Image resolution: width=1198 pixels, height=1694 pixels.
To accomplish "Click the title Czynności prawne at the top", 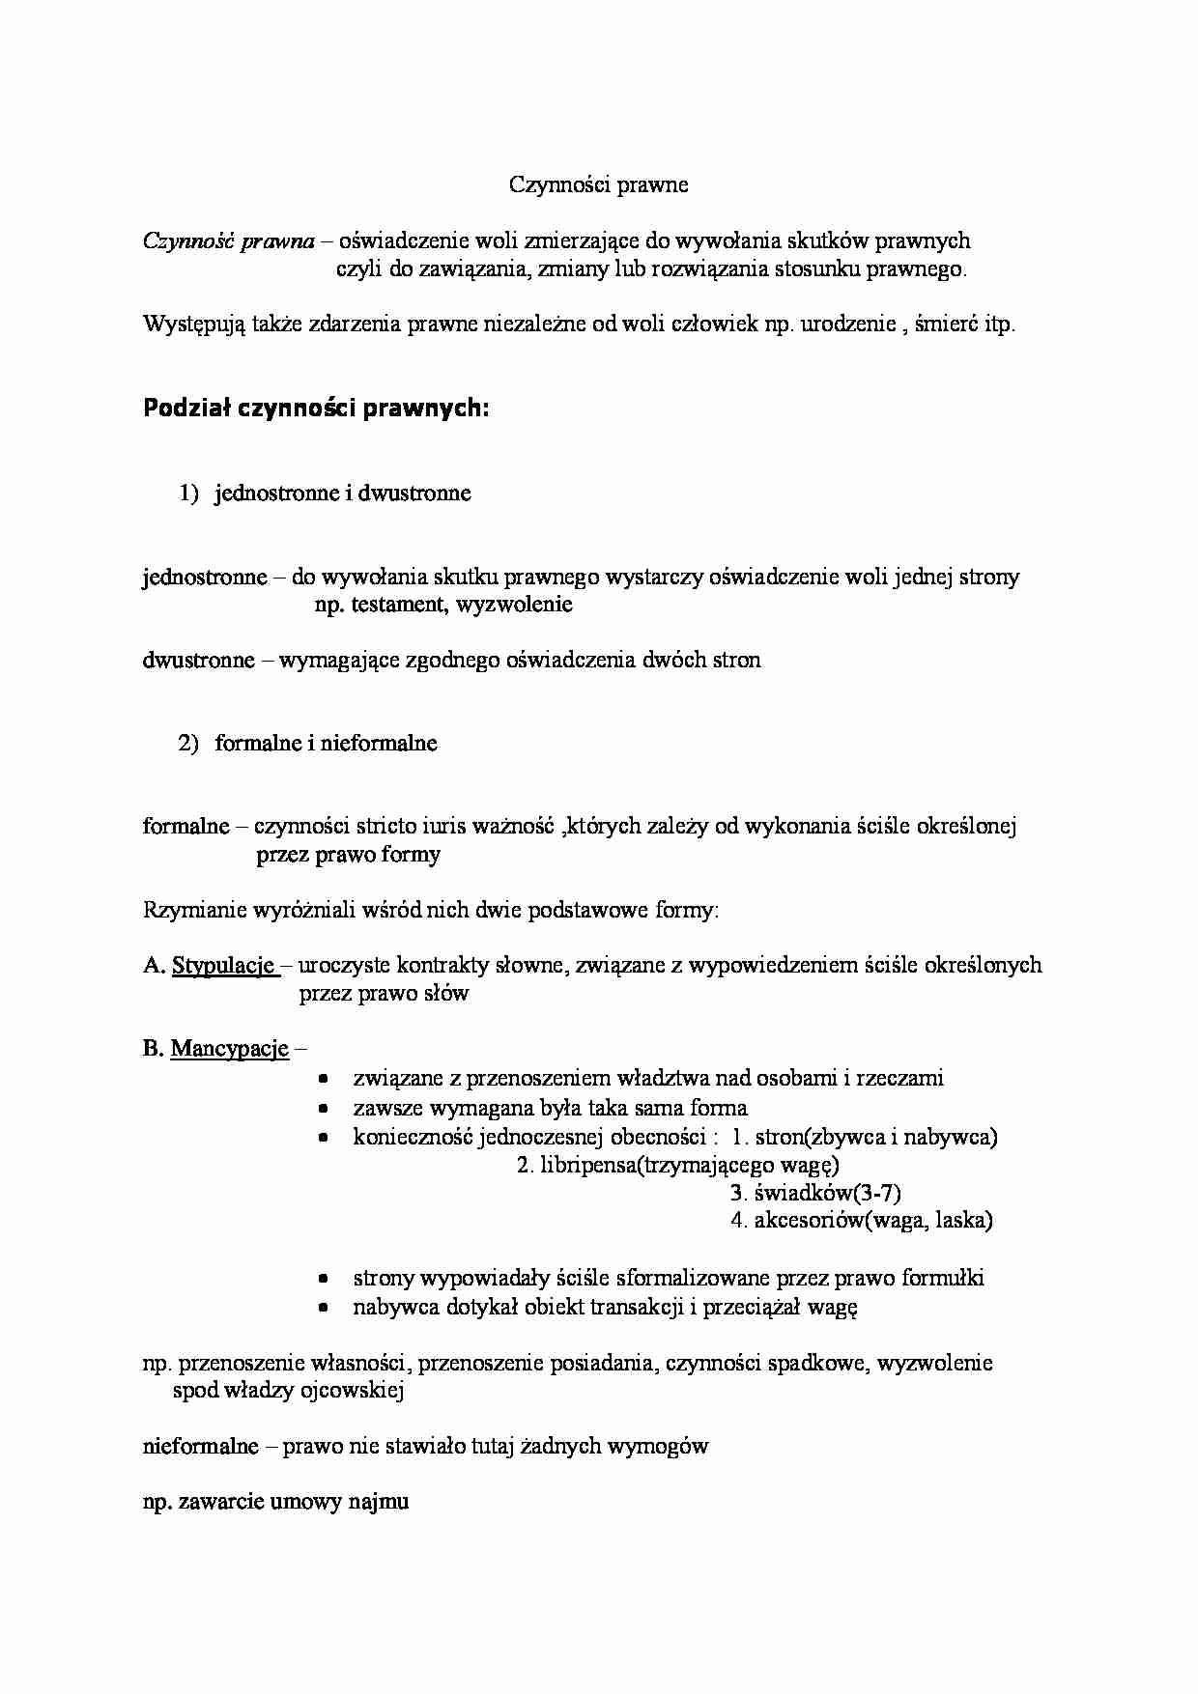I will click(x=598, y=184).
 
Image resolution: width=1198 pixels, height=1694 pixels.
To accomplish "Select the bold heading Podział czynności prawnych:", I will click(x=317, y=409).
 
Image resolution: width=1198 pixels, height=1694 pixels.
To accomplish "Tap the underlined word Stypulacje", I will click(x=224, y=965).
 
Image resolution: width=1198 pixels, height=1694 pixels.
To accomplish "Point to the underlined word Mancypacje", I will click(x=230, y=1049).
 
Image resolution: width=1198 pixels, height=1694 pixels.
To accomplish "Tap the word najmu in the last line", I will click(x=384, y=1503).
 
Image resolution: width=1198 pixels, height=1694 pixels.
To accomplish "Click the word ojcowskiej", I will click(x=355, y=1392).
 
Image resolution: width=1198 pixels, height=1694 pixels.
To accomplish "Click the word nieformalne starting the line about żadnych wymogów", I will click(x=200, y=1447).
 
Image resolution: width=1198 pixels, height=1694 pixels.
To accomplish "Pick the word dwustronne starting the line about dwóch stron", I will click(x=198, y=661).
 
